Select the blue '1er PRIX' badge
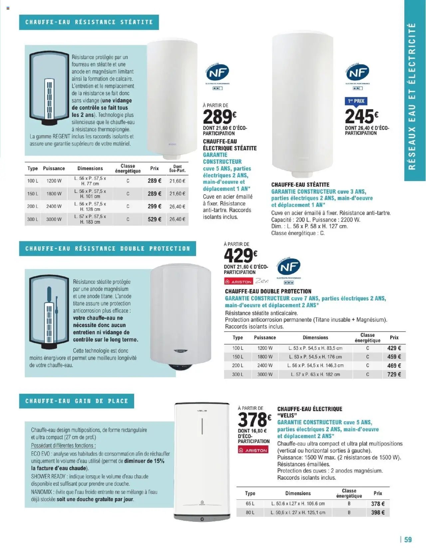356,101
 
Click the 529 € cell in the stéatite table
154,219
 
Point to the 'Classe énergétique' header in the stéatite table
128,168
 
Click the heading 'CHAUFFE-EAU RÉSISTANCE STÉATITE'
89,22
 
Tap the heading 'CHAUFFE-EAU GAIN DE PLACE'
77,401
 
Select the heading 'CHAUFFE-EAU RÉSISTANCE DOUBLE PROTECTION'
107,249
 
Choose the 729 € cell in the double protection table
394,374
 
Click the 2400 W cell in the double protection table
265,365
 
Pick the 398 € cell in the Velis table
378,512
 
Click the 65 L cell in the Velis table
250,504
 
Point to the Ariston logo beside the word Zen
239,282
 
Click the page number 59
408,539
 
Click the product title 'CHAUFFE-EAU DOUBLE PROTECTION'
268,291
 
